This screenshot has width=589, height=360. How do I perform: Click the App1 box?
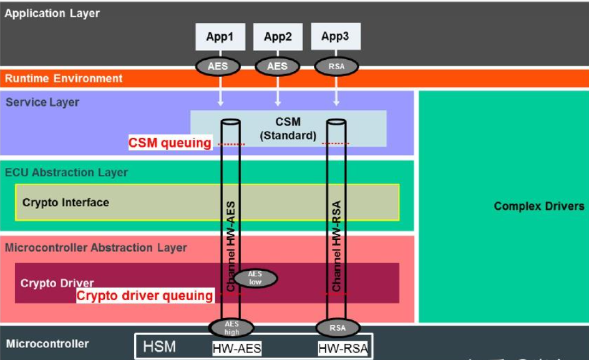tap(220, 37)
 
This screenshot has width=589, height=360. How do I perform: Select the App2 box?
tap(278, 37)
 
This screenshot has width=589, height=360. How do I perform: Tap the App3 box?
tap(335, 37)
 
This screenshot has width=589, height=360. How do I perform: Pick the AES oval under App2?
tap(278, 66)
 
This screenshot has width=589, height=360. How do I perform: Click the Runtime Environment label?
tap(64, 79)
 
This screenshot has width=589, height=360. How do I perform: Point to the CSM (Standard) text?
tap(288, 129)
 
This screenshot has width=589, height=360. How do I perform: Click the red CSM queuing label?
tap(170, 143)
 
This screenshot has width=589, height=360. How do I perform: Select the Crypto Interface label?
tap(66, 202)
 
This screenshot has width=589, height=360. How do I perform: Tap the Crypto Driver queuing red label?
tap(145, 296)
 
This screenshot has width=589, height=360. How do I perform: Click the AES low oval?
tap(255, 278)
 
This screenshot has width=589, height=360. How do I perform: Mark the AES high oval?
tap(231, 328)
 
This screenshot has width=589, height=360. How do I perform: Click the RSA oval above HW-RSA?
tap(338, 328)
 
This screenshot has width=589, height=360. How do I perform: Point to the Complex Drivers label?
tap(539, 206)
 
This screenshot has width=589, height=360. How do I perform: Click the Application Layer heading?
tap(52, 13)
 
